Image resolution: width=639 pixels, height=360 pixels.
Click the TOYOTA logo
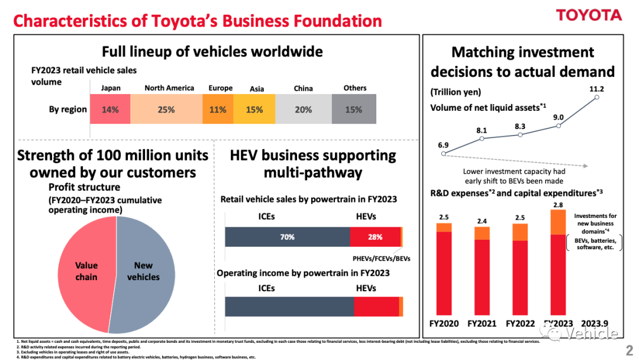click(x=589, y=15)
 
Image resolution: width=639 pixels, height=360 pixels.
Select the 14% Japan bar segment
click(x=110, y=110)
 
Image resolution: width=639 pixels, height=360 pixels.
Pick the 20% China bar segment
click(x=304, y=110)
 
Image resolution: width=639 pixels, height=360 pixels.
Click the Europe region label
click(x=221, y=88)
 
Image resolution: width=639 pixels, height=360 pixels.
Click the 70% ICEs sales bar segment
click(x=287, y=237)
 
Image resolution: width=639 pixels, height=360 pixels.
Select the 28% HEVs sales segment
click(x=375, y=237)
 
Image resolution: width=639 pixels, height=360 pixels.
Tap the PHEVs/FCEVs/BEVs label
click(x=377, y=258)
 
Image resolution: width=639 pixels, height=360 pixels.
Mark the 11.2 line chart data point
click(x=596, y=98)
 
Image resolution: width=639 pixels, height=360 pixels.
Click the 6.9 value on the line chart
click(x=443, y=144)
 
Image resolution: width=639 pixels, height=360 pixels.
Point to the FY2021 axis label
click(x=482, y=324)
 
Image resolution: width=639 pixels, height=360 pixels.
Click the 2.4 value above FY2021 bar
click(x=482, y=221)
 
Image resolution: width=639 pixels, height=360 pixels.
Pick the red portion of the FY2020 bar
click(x=444, y=272)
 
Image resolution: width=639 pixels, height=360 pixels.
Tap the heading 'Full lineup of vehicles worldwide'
click(x=212, y=52)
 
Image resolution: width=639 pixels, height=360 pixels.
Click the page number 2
click(x=629, y=351)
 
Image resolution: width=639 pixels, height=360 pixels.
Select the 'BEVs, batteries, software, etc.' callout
click(x=595, y=245)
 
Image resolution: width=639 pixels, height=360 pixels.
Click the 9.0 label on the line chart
click(x=558, y=117)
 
